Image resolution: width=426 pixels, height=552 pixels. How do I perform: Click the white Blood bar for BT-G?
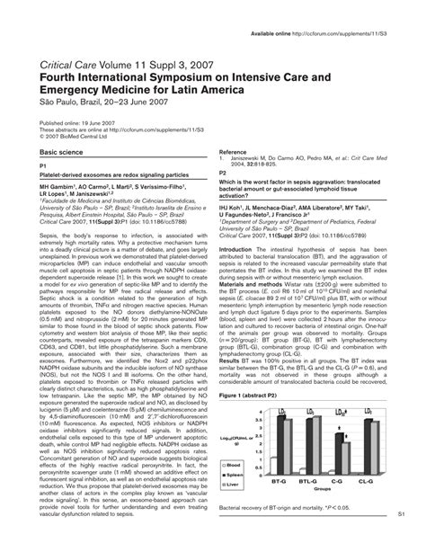pyautogui.click(x=274, y=468)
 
